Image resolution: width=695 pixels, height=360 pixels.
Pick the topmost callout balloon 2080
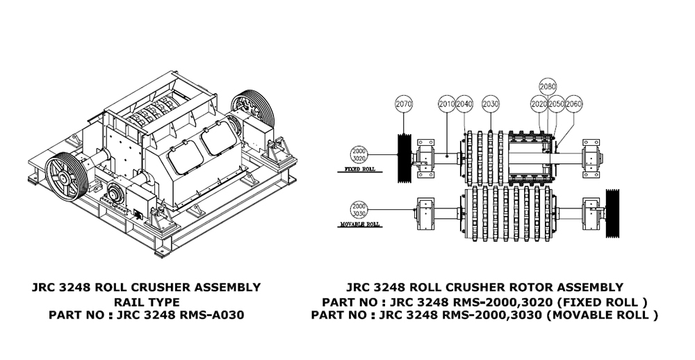pos(548,87)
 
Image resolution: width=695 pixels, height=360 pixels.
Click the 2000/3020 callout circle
pos(359,154)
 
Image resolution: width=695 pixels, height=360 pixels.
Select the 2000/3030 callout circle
pos(359,209)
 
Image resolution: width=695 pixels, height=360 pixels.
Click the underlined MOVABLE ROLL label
pos(361,224)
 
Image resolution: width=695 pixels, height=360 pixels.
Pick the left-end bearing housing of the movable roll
pos(425,215)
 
